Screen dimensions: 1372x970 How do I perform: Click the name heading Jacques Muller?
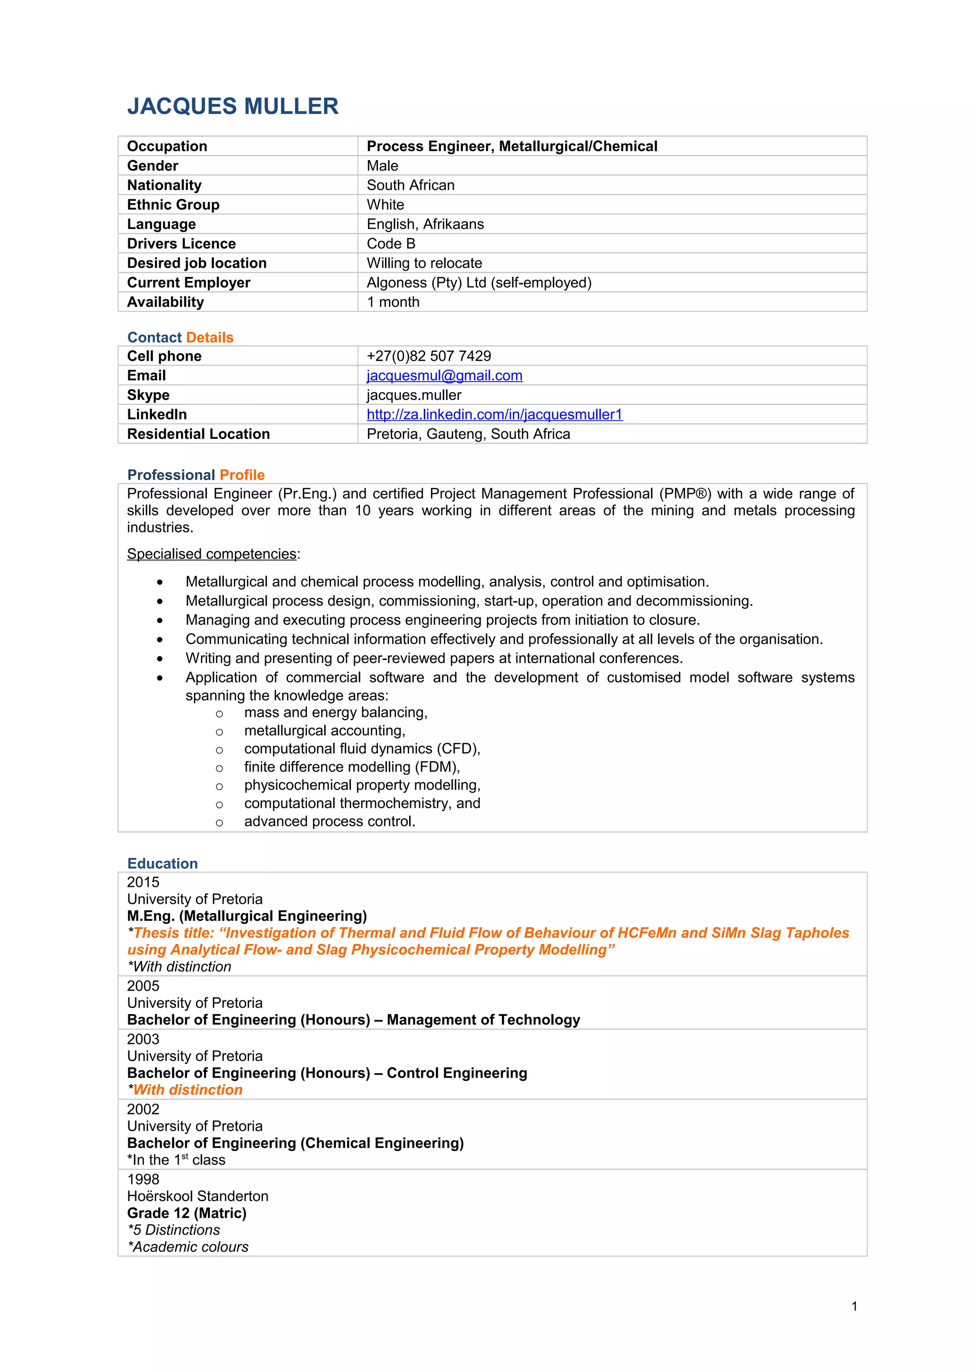click(x=233, y=107)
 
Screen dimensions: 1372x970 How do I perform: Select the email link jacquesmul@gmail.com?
click(x=444, y=375)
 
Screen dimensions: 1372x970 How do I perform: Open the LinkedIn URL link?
click(x=494, y=414)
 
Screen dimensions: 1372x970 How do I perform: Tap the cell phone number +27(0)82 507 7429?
click(x=429, y=356)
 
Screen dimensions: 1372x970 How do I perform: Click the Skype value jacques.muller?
click(x=413, y=395)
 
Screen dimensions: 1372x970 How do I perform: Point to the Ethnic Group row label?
click(x=173, y=205)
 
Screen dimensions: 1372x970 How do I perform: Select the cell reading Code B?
click(x=391, y=243)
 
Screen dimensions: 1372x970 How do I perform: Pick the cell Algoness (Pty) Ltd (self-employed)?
click(x=479, y=282)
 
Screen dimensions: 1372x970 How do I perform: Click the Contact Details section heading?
click(x=180, y=337)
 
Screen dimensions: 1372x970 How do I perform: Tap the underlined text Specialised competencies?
click(x=212, y=554)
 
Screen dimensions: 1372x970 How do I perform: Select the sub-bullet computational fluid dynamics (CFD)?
click(x=362, y=749)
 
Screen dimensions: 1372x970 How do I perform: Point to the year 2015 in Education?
click(x=143, y=882)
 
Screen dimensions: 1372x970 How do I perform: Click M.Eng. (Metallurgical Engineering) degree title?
click(x=247, y=916)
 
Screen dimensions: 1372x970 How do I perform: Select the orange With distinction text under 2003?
click(x=187, y=1089)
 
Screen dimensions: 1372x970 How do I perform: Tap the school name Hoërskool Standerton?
click(x=197, y=1196)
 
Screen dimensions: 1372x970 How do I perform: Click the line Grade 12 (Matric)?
click(x=187, y=1212)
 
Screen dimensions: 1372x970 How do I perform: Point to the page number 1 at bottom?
click(x=854, y=1306)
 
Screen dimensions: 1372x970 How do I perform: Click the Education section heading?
click(x=162, y=864)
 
